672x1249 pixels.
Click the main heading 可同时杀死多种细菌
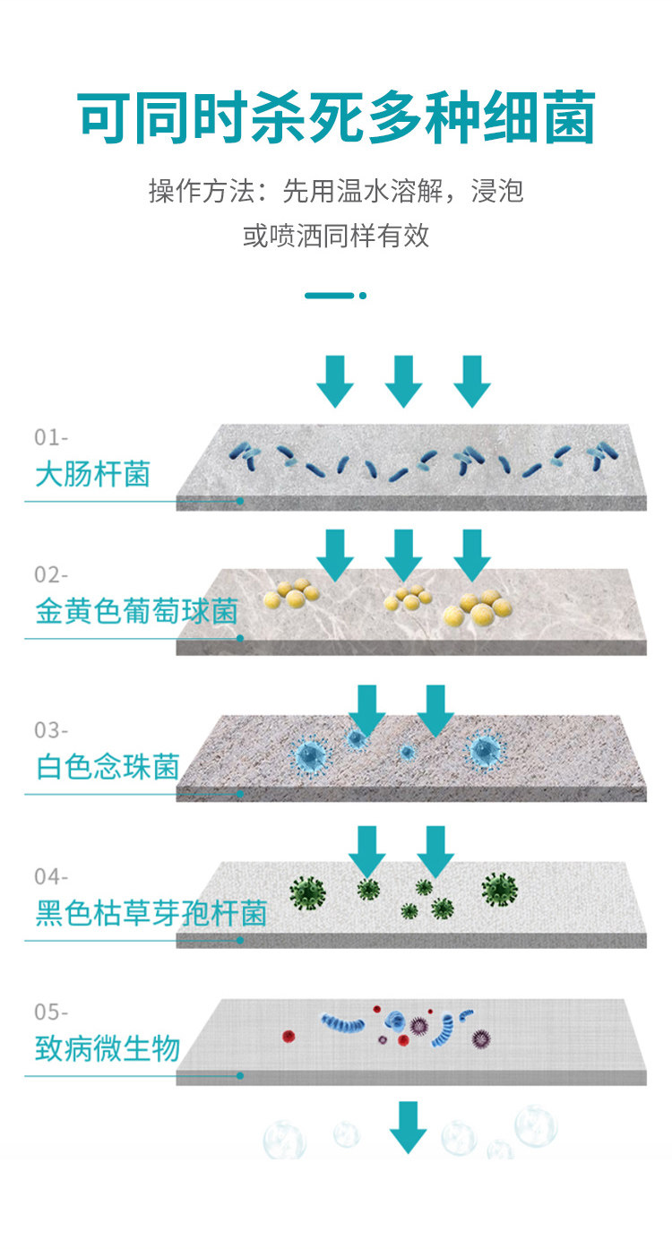point(336,118)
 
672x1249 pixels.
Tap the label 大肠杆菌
point(92,473)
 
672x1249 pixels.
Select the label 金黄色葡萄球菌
point(136,613)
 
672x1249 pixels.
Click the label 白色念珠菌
point(108,767)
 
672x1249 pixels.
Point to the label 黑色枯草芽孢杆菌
point(151,914)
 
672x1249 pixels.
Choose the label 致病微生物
point(108,1048)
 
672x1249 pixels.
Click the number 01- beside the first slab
point(51,437)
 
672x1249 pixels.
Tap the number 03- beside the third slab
point(51,730)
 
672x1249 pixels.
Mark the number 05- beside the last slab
point(51,1012)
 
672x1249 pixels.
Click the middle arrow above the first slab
point(403,381)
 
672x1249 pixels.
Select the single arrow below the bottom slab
point(408,1126)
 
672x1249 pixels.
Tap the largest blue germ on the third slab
point(312,754)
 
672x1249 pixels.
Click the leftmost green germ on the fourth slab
point(307,892)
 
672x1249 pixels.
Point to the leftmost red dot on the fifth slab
point(289,1036)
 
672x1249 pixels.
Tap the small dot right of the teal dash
point(363,295)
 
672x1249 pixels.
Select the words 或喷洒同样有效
point(336,236)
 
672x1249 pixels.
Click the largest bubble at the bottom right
point(535,1126)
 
